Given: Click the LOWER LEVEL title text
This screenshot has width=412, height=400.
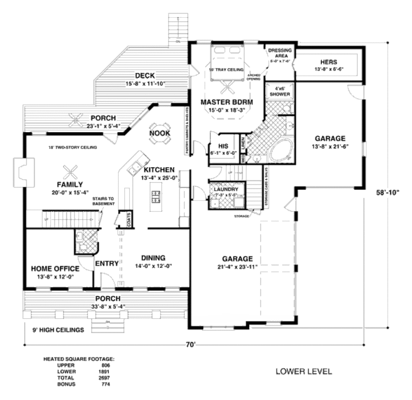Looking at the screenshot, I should tap(304, 371).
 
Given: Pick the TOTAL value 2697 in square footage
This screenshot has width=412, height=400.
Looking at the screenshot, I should tap(103, 378).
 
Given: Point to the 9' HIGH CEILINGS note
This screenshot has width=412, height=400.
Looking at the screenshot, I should tap(58, 330).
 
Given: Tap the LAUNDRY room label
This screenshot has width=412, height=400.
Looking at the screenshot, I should tap(226, 189).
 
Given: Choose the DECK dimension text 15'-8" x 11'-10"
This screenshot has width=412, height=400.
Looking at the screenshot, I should tap(145, 84).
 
